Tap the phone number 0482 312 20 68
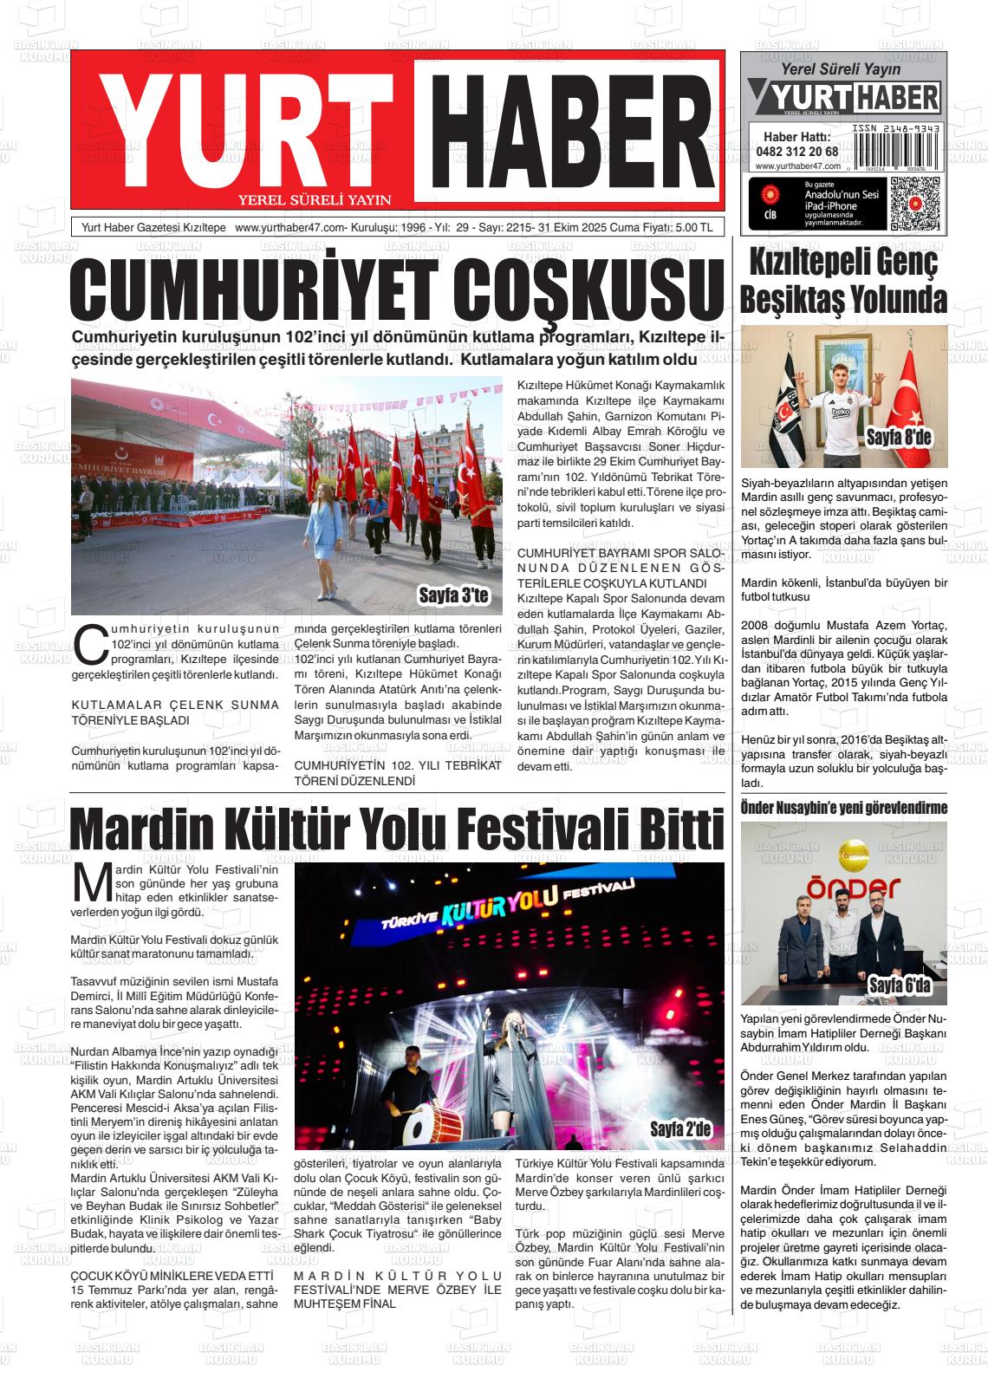pyautogui.click(x=796, y=151)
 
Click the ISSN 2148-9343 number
pyautogui.click(x=896, y=127)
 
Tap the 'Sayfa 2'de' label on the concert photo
pyautogui.click(x=680, y=1128)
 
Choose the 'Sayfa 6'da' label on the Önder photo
pyautogui.click(x=899, y=985)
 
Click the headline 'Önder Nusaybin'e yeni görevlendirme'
pyautogui.click(x=843, y=808)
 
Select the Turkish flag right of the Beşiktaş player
pyautogui.click(x=912, y=394)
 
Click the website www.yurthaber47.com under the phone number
pyautogui.click(x=797, y=166)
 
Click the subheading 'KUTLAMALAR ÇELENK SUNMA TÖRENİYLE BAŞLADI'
pyautogui.click(x=175, y=712)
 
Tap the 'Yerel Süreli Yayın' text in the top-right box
pyautogui.click(x=829, y=69)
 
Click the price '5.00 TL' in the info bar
pyautogui.click(x=692, y=228)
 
